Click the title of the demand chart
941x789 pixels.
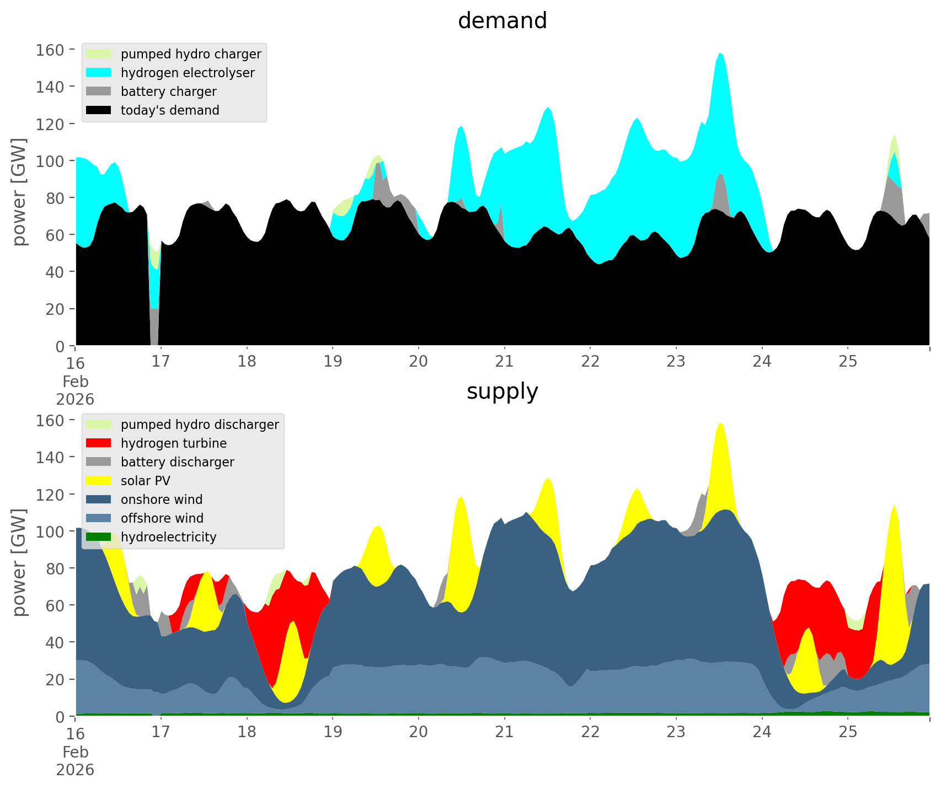pos(502,21)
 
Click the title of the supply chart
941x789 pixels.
pos(502,391)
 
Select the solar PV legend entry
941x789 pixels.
pos(145,481)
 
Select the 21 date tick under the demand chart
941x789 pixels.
pos(504,362)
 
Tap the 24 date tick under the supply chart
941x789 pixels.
pos(762,732)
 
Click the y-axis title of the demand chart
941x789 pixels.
pos(19,192)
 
